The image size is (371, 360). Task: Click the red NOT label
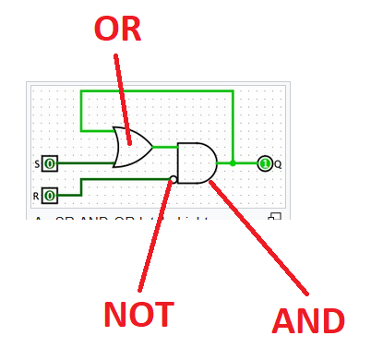tap(138, 315)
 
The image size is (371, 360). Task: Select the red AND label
tap(308, 320)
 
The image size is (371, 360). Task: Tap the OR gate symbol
tap(131, 146)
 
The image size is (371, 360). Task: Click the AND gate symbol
tap(196, 162)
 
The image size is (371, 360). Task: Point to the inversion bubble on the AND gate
tap(174, 179)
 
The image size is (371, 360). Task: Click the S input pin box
tap(50, 163)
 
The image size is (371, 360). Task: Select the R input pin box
tap(50, 195)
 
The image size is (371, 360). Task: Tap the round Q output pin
tap(264, 163)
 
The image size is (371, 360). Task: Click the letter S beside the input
tap(38, 164)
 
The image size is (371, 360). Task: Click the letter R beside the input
tap(37, 196)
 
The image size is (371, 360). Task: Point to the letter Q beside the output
tap(278, 164)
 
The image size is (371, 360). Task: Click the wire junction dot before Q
tap(233, 163)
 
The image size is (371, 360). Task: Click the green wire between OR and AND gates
tap(165, 146)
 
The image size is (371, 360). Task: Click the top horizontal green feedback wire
tap(157, 91)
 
